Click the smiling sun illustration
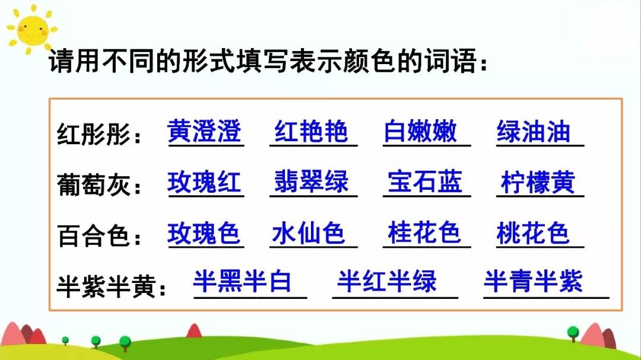tap(32, 30)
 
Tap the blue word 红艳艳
tap(311, 131)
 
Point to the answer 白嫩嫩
tap(420, 131)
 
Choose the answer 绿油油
tap(534, 131)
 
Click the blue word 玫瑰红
tap(204, 182)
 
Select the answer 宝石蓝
tap(425, 181)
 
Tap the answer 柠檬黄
tap(538, 182)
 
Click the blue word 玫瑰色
tap(204, 233)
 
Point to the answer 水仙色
tap(308, 233)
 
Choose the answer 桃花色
tap(533, 233)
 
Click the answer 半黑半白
tap(242, 281)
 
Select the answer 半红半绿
tap(387, 281)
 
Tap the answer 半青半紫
tap(533, 281)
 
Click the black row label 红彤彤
tap(94, 133)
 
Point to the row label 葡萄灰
tap(94, 184)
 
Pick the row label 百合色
tap(94, 235)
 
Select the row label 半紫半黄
tap(106, 286)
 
